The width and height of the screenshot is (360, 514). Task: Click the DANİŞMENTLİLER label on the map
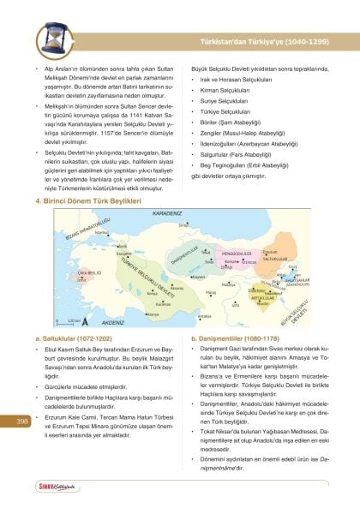(184, 254)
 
